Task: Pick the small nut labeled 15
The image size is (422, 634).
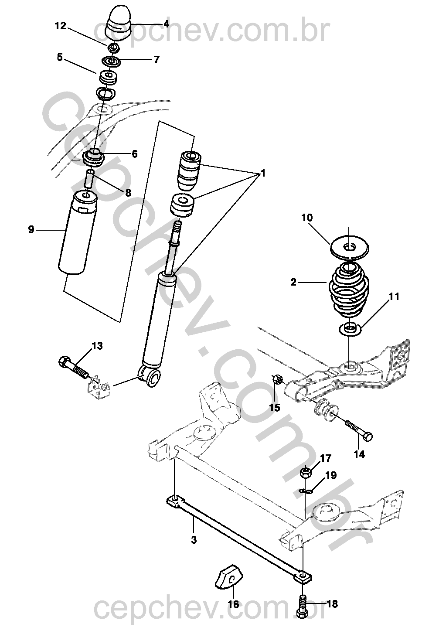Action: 276,380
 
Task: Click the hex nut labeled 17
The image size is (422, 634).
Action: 306,472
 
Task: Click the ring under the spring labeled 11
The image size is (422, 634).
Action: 349,328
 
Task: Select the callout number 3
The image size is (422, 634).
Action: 194,540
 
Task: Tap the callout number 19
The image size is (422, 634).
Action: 331,475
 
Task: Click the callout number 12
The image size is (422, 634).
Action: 60,26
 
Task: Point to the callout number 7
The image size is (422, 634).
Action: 157,60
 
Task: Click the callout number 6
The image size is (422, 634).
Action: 134,153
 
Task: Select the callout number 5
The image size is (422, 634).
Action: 60,57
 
